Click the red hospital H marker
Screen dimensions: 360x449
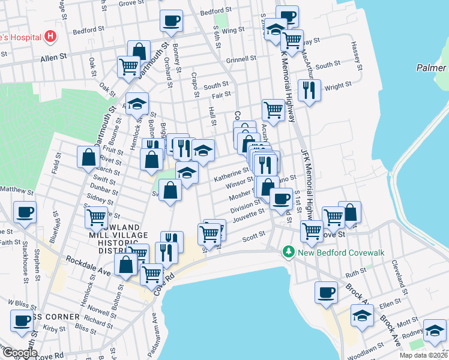click(51, 36)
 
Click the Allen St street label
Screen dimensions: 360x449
click(52, 59)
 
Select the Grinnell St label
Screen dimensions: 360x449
click(241, 60)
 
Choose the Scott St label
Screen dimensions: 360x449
click(253, 239)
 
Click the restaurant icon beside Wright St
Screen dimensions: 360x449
click(309, 90)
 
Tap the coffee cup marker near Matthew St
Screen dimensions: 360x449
click(25, 212)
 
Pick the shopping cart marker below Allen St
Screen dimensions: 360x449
click(128, 67)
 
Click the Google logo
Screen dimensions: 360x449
click(21, 352)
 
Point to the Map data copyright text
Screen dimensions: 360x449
click(423, 355)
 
